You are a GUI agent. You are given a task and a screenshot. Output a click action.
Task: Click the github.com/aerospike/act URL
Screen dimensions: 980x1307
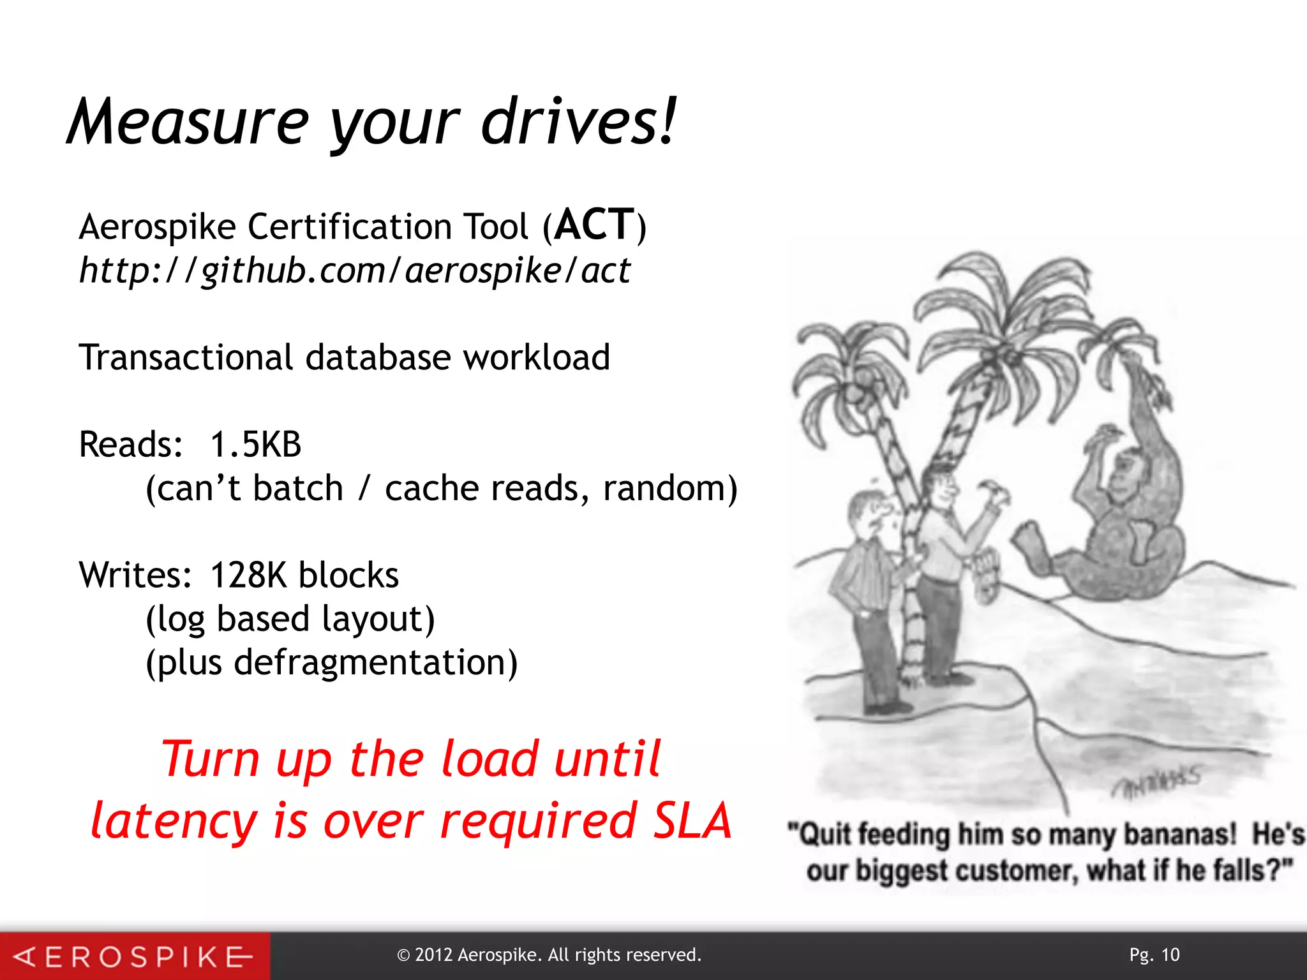click(x=355, y=271)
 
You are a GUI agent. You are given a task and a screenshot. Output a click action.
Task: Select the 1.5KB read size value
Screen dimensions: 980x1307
click(x=255, y=445)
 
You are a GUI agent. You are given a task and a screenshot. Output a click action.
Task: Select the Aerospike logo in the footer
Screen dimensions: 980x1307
click(x=134, y=956)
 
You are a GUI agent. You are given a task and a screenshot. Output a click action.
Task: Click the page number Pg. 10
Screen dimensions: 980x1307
click(x=1154, y=954)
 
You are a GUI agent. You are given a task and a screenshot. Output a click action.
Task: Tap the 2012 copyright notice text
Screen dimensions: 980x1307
click(x=549, y=955)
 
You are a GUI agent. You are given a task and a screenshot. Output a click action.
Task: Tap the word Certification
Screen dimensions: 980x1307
click(x=350, y=226)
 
